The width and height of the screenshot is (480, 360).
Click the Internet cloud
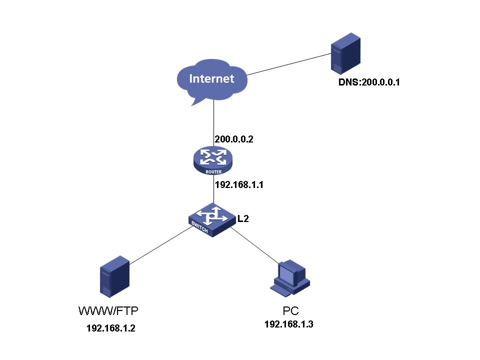pos(211,79)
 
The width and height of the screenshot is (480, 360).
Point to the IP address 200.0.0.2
pos(233,139)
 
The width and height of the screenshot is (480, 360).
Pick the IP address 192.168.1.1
pos(239,184)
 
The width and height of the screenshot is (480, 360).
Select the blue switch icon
pos(212,219)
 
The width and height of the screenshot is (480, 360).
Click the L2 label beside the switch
pos(243,218)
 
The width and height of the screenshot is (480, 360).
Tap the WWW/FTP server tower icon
pos(115,276)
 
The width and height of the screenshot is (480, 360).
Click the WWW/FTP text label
pos(108,311)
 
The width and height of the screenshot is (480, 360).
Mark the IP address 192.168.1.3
pos(289,324)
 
